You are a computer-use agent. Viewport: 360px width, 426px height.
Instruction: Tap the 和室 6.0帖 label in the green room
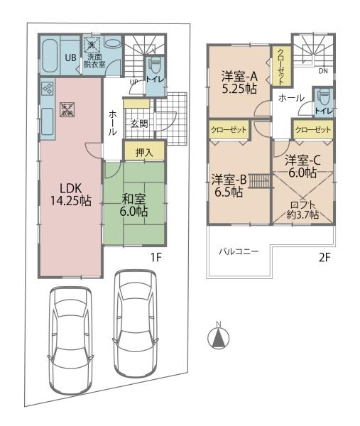click(x=134, y=204)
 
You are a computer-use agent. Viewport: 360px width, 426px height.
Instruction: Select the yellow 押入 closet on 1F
click(x=144, y=151)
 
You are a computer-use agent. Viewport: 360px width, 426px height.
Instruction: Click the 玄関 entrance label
click(x=139, y=124)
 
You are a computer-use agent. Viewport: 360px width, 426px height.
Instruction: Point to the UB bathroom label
click(x=71, y=58)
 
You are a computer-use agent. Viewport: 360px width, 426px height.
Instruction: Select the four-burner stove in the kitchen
click(x=48, y=89)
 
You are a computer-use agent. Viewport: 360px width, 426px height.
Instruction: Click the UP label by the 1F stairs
click(x=133, y=82)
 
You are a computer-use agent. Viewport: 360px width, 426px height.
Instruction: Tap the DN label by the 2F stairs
click(x=322, y=71)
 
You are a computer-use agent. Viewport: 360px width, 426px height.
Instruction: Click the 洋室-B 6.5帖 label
click(x=228, y=185)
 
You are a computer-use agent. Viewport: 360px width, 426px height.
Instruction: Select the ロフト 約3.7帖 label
click(x=304, y=209)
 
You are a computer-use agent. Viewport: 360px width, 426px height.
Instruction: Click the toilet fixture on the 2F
click(x=323, y=98)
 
